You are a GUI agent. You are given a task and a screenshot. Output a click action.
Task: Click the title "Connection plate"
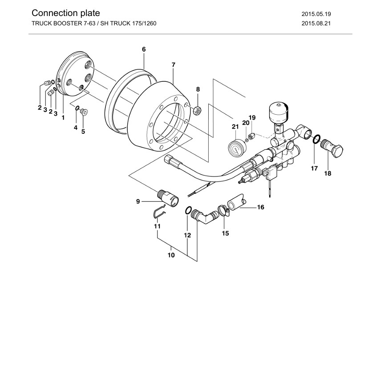[66, 13]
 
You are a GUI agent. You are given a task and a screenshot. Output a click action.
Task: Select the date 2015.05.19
[316, 14]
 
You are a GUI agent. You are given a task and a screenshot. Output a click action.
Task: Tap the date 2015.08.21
[316, 24]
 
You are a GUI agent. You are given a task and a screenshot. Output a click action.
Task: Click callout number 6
[144, 49]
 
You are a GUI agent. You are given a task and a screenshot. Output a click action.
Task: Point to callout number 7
[174, 65]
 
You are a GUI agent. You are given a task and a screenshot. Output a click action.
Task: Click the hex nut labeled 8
[198, 111]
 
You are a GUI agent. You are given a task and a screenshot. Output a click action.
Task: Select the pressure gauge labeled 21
[237, 148]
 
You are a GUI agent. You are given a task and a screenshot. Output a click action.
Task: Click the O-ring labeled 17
[316, 139]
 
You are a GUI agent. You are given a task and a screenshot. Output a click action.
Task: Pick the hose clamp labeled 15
[223, 211]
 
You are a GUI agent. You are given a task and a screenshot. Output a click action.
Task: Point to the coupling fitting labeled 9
[168, 198]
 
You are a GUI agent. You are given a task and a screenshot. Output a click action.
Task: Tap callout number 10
[171, 255]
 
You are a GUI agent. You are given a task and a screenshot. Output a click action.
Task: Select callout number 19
[252, 118]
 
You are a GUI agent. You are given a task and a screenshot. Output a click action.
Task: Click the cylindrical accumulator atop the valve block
[279, 112]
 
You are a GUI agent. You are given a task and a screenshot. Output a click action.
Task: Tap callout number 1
[63, 118]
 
